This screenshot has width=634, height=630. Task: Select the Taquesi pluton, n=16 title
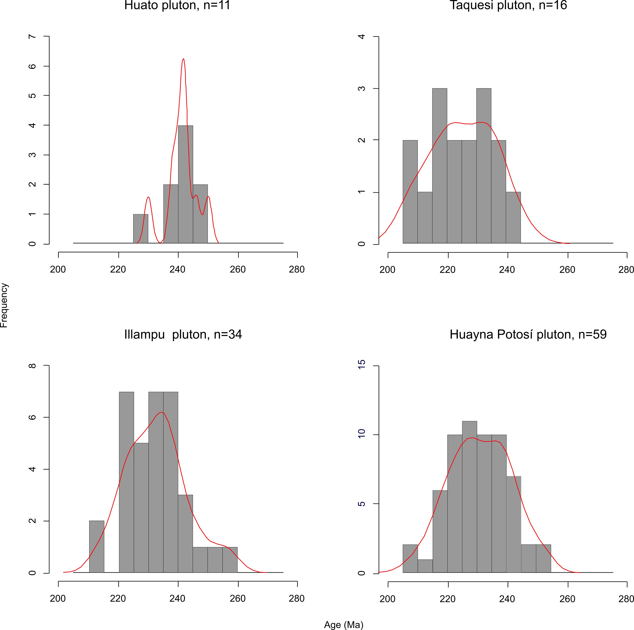coord(508,6)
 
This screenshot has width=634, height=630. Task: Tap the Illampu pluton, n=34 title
coord(183,334)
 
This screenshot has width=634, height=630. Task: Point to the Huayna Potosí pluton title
coord(528,334)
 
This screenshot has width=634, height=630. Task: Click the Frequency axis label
coord(4,305)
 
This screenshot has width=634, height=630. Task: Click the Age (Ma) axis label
coord(344,625)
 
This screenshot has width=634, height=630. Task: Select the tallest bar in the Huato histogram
coord(185,184)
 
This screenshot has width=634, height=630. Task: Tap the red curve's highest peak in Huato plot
coord(183,59)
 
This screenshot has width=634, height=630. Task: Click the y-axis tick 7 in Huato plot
coord(32,36)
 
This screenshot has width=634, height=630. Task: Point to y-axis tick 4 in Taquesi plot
coord(362,36)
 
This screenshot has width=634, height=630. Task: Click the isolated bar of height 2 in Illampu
coord(96,546)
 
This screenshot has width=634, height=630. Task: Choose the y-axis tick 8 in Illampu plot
coord(32,366)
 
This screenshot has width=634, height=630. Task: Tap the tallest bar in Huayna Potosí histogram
coord(469,497)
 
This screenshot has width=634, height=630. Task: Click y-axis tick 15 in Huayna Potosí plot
coord(362,364)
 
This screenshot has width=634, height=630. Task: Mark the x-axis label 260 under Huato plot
coord(238,270)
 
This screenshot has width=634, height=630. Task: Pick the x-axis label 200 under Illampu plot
coord(58,599)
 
